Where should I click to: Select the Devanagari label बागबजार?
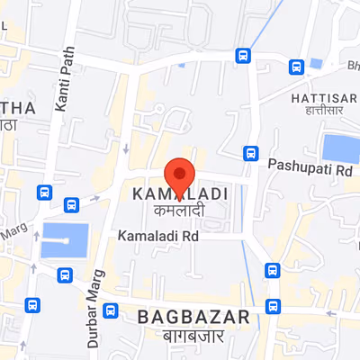193,336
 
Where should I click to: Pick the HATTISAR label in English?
318,96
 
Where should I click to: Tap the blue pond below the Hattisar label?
340,148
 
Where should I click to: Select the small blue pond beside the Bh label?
316,64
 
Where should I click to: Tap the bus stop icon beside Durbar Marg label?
111,311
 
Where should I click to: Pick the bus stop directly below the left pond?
63,274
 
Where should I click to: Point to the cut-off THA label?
18,108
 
